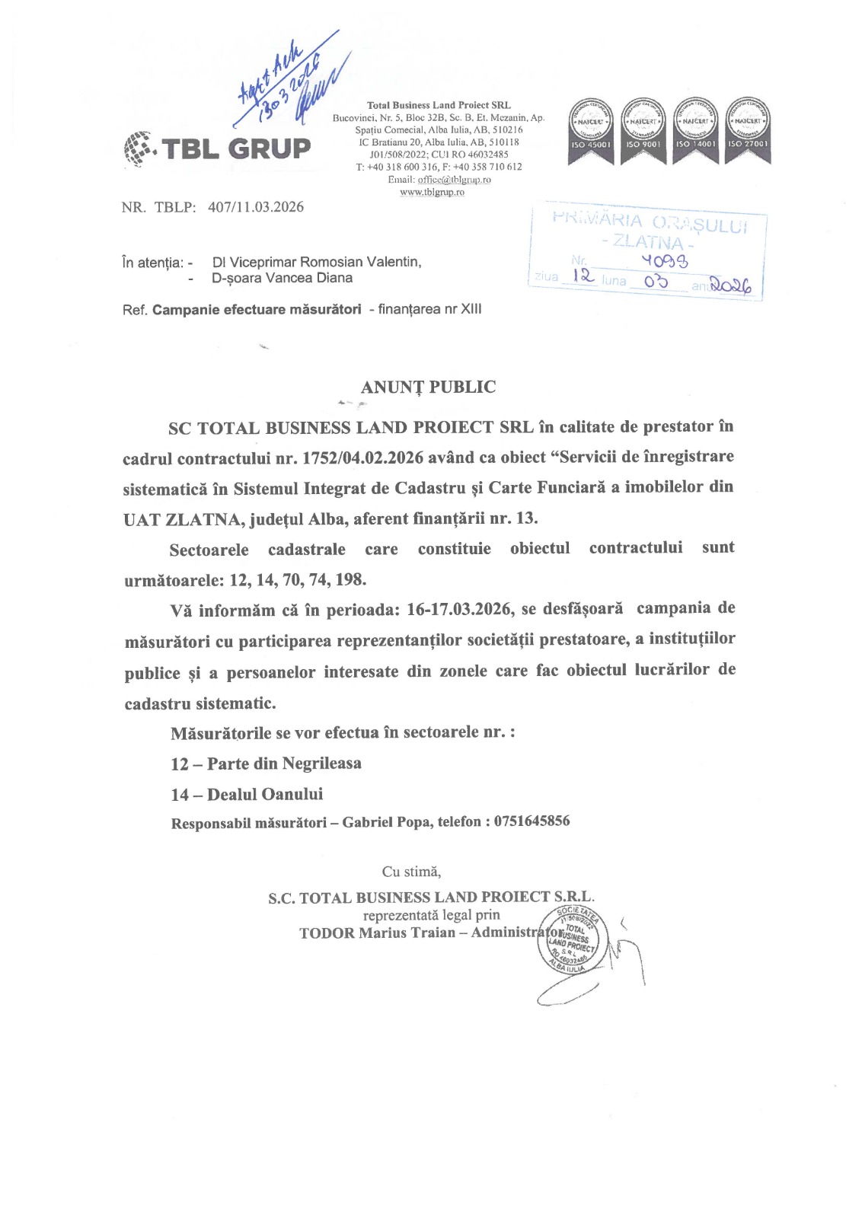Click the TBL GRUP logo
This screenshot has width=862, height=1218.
(217, 148)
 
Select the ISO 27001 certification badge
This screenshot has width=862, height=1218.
(747, 129)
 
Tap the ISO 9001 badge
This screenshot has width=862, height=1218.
(643, 129)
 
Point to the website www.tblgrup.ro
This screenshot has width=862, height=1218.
(432, 193)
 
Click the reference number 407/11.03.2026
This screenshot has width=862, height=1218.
(256, 207)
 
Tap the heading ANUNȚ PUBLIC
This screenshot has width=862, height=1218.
(428, 387)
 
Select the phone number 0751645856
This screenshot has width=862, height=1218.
(532, 821)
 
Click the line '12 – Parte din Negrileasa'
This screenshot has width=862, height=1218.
(266, 764)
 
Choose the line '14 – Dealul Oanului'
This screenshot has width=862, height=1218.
(247, 794)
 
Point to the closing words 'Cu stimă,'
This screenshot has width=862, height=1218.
(411, 872)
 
